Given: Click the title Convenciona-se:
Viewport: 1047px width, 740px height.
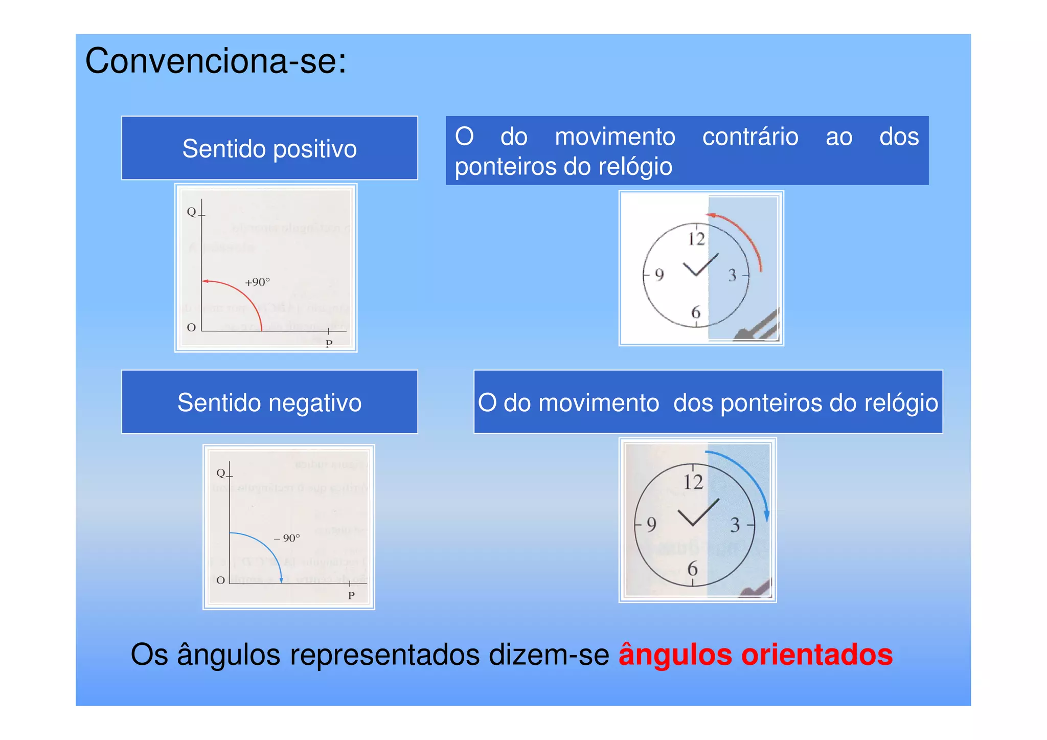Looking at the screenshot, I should point(215,61).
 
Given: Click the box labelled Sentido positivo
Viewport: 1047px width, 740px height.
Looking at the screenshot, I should point(269,149).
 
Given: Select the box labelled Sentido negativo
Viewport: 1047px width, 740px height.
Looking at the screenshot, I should point(269,402).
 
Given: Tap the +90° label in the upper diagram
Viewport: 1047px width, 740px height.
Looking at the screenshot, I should point(257,282).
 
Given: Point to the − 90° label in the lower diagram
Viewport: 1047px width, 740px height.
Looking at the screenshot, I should point(287,538).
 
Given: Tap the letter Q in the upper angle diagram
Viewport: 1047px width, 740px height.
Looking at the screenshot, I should point(191,212).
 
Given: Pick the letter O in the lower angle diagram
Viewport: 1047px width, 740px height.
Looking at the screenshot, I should point(220,580).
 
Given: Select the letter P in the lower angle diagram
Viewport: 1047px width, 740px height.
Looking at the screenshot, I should point(351,595).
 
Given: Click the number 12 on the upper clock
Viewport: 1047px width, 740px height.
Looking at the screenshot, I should point(696,239).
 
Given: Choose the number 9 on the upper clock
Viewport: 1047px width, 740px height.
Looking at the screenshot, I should point(659,275).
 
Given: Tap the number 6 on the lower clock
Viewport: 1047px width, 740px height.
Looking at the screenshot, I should point(693,568).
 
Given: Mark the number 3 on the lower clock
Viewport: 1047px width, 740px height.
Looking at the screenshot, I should point(735,525).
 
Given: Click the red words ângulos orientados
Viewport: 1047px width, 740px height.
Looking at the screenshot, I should point(755,655).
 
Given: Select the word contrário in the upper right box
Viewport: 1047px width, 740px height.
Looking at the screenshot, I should point(750,137).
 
